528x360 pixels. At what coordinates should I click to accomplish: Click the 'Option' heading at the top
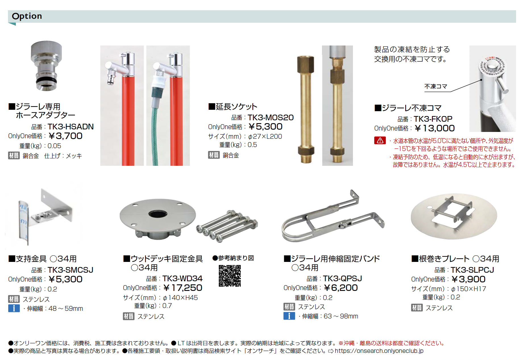pyautogui.click(x=27, y=16)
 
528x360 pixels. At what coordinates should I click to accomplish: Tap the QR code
pyautogui.click(x=230, y=276)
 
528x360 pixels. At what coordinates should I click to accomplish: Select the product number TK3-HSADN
pyautogui.click(x=70, y=127)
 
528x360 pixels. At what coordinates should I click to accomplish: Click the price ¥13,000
pyautogui.click(x=435, y=128)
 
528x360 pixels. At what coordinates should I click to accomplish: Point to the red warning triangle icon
pyautogui.click(x=380, y=140)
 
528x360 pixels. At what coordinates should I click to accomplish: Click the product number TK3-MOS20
pyautogui.click(x=271, y=117)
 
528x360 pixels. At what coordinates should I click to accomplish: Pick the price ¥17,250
pyautogui.click(x=183, y=288)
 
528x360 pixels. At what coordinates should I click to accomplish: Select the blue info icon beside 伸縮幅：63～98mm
pyautogui.click(x=289, y=316)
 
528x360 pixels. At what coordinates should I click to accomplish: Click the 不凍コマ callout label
pyautogui.click(x=436, y=86)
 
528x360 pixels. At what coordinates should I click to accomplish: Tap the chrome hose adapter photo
pyautogui.click(x=46, y=66)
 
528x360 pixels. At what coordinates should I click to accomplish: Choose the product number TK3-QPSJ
pyautogui.click(x=342, y=278)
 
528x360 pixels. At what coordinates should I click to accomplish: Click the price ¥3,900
pyautogui.click(x=468, y=279)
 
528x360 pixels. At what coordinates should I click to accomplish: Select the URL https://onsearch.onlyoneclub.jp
pyautogui.click(x=379, y=351)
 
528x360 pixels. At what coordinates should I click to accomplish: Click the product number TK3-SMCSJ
pyautogui.click(x=70, y=270)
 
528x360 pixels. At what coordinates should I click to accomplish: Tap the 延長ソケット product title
pyautogui.click(x=233, y=107)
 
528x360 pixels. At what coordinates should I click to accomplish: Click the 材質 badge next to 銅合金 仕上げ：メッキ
pyautogui.click(x=14, y=156)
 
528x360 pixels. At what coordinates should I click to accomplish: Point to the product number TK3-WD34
pyautogui.click(x=182, y=278)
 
